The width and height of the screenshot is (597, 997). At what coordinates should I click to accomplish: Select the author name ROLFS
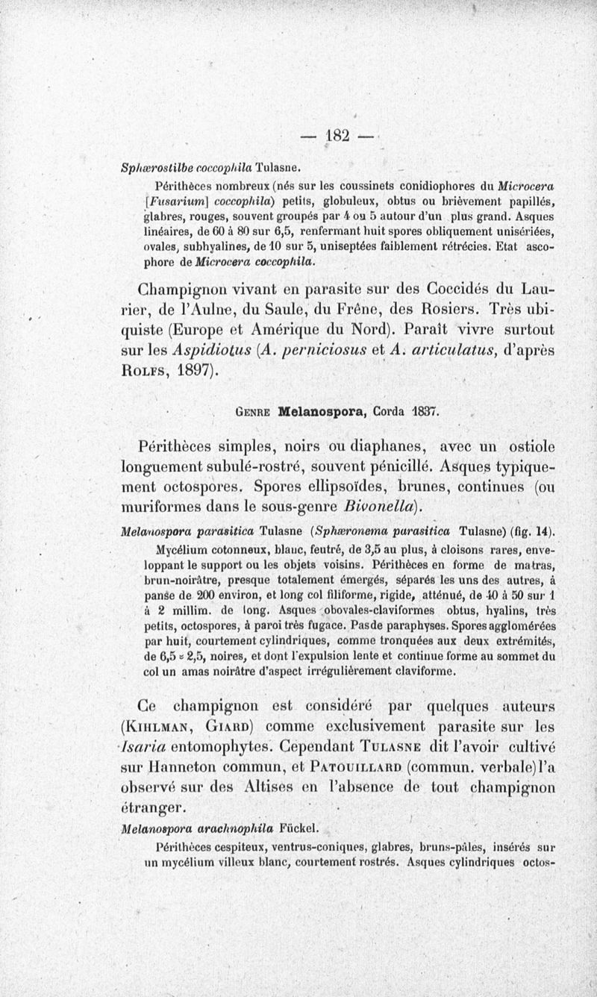tap(151, 371)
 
